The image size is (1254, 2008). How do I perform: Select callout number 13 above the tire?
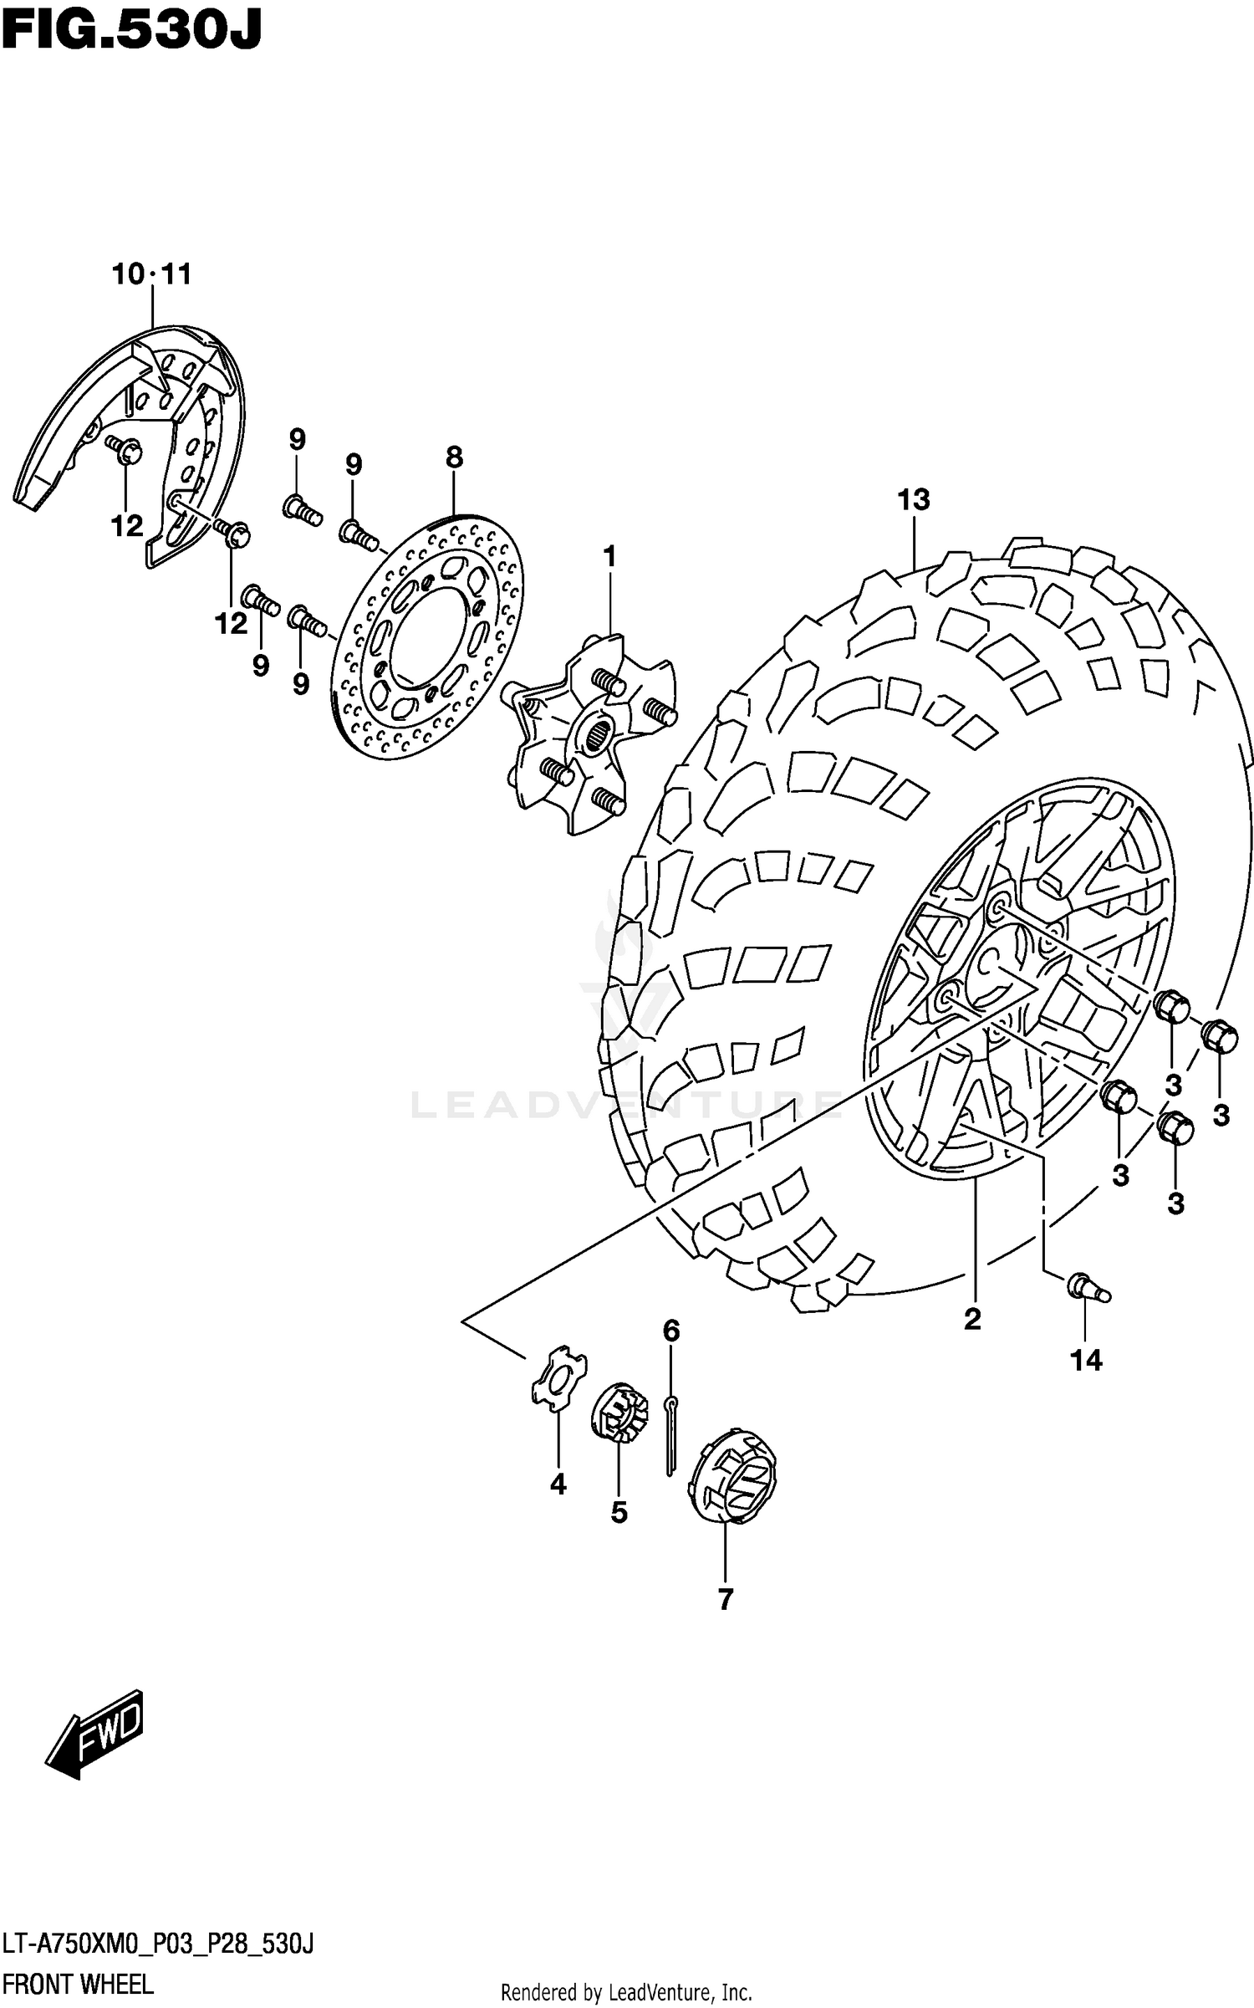pyautogui.click(x=914, y=500)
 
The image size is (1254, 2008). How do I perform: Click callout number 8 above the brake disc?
pyautogui.click(x=454, y=457)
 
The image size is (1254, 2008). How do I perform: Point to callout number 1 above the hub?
pyautogui.click(x=609, y=556)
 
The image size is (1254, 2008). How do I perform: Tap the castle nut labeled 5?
pyautogui.click(x=619, y=1413)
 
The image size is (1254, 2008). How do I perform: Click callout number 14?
pyautogui.click(x=1086, y=1361)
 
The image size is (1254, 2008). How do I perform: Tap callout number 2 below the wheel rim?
pyautogui.click(x=971, y=1319)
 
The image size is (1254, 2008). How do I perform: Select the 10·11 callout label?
pyautogui.click(x=152, y=273)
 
